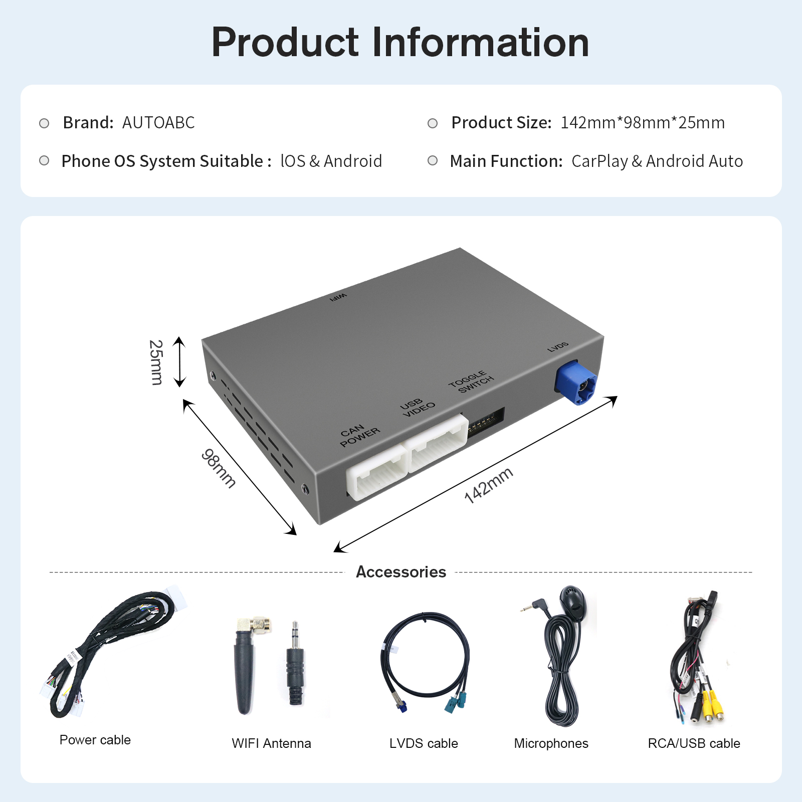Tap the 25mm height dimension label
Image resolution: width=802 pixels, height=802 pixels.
coord(156,362)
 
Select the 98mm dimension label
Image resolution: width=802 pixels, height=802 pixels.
coord(219,468)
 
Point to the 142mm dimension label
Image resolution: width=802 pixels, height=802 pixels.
coord(488,485)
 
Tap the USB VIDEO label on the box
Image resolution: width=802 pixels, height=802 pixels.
coord(418,407)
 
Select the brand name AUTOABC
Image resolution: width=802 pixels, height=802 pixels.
coord(158,123)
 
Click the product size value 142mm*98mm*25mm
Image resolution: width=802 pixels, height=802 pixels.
coord(642,123)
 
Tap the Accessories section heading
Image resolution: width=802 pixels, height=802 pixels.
coord(400,572)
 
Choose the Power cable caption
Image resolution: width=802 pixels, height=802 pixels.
coord(95,740)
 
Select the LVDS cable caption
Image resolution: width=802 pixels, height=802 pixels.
coord(424,743)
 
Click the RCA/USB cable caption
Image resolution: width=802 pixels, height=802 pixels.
coord(694,743)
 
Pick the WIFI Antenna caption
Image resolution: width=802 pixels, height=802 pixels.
coord(271,743)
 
